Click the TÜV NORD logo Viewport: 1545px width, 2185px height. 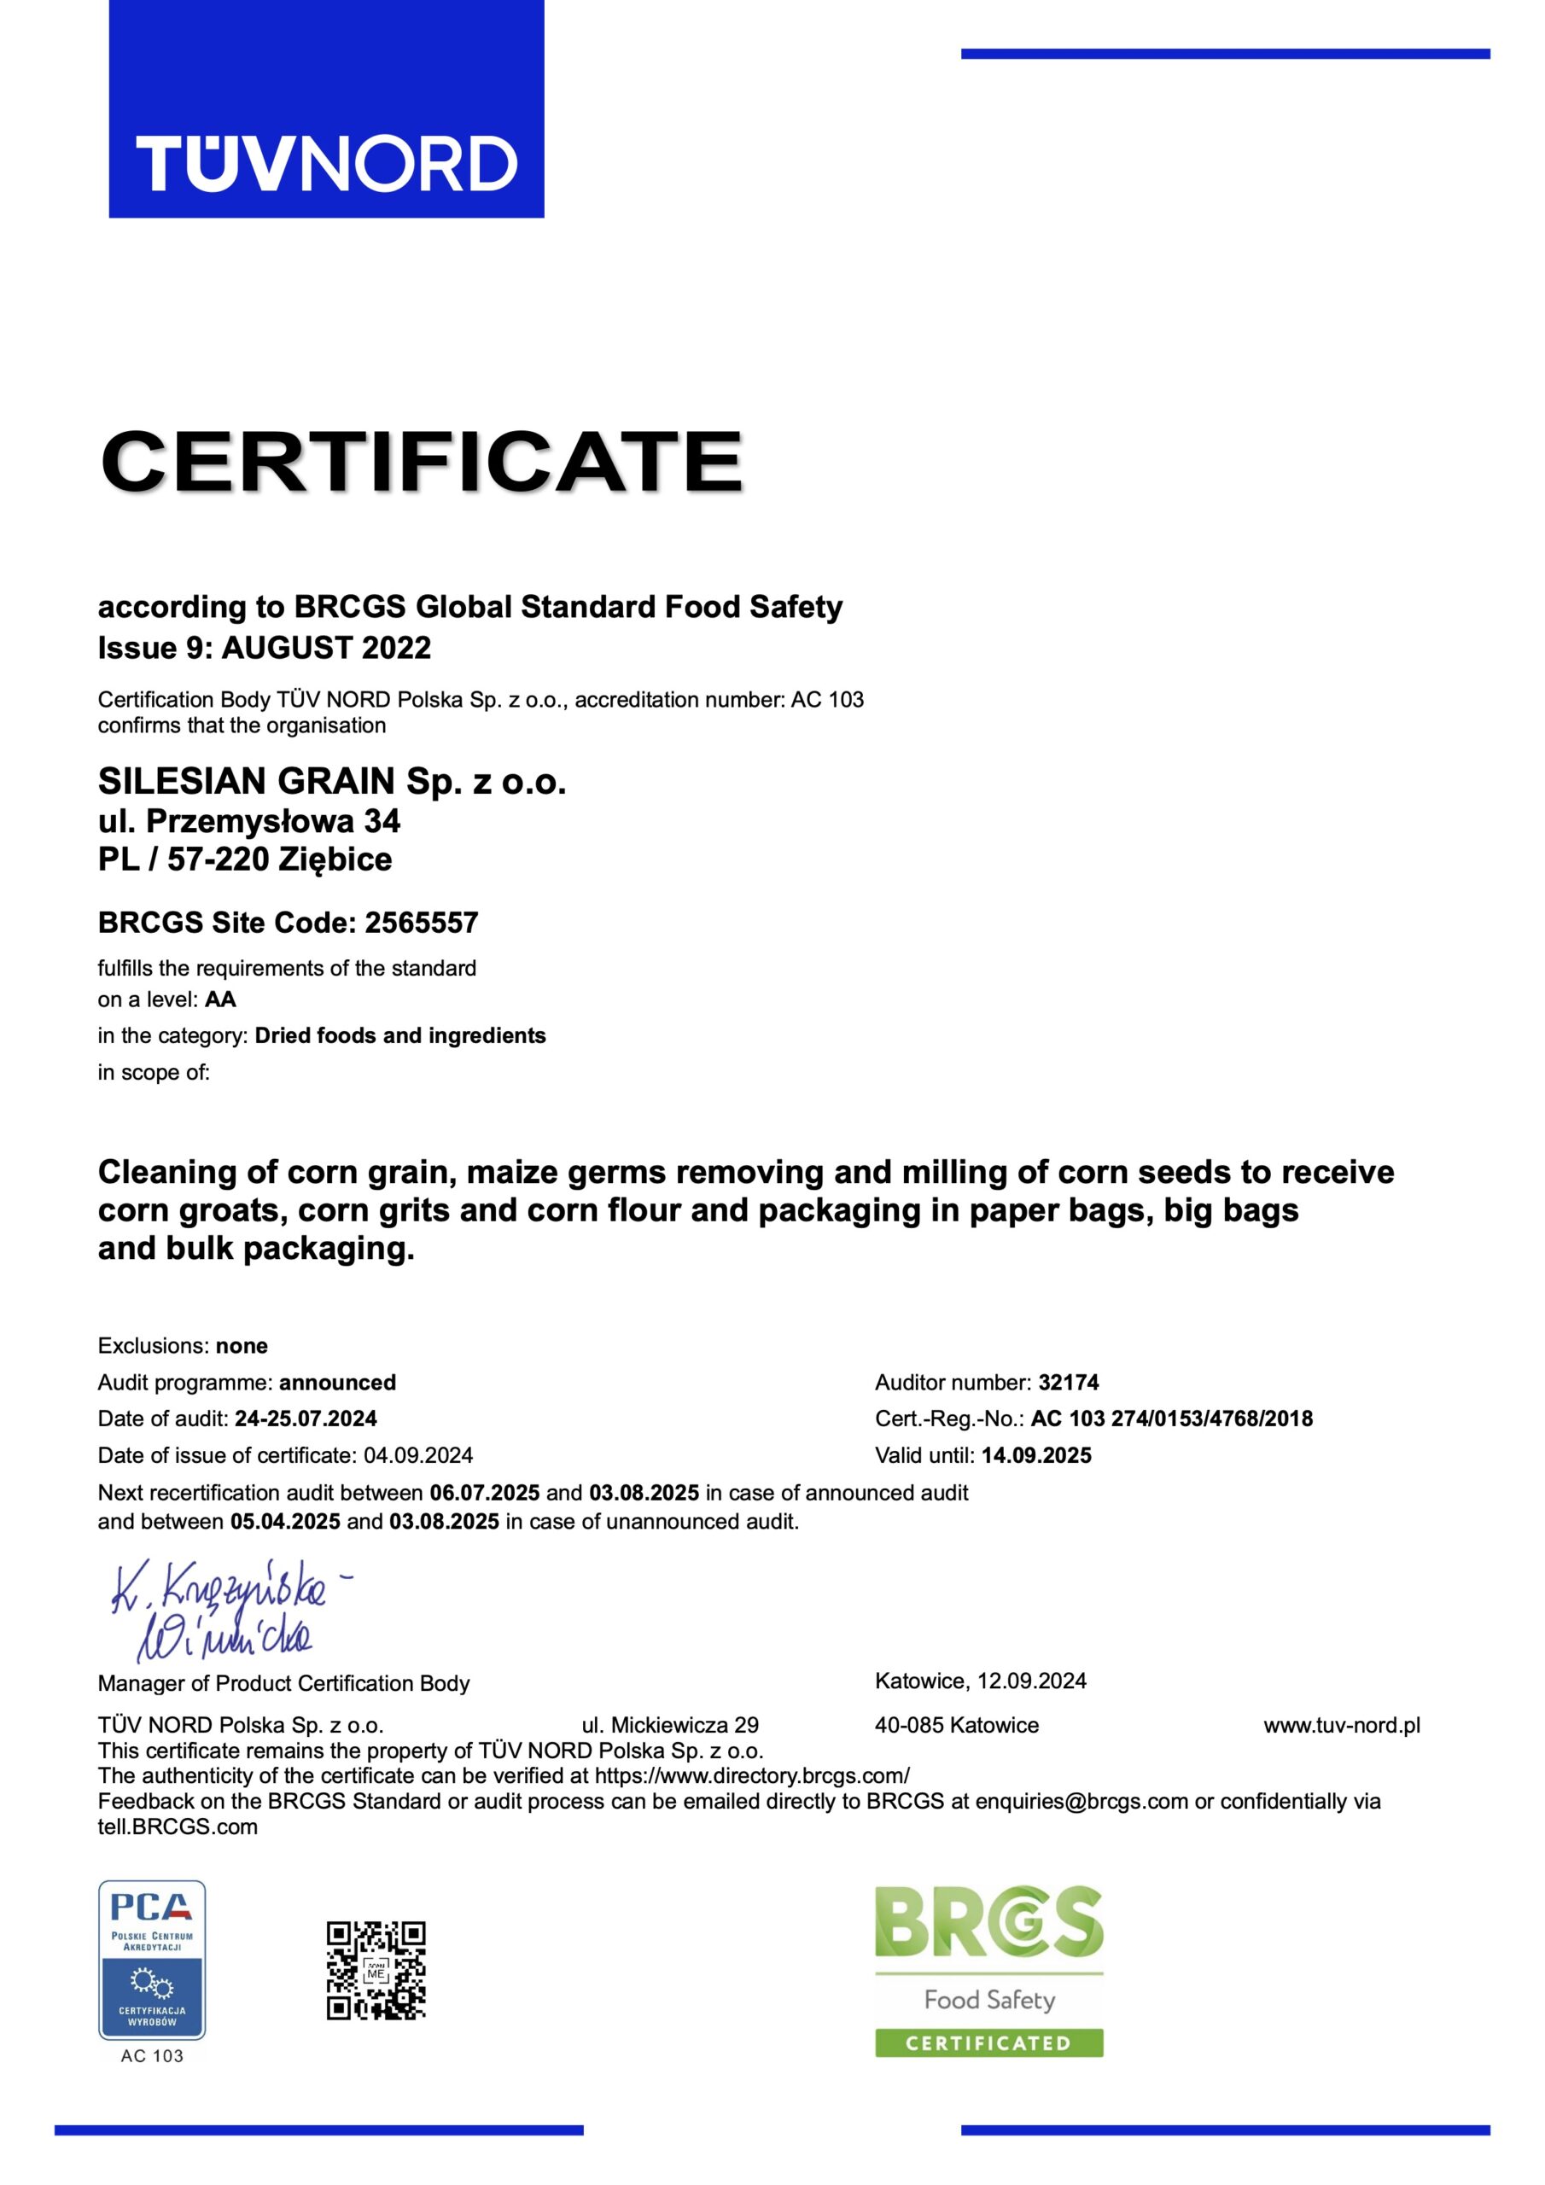[327, 162]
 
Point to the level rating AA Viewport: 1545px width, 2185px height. [220, 999]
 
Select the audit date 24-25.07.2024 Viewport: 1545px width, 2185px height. [306, 1419]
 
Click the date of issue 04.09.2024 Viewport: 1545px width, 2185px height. [418, 1455]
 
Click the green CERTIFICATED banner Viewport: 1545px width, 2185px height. [988, 2042]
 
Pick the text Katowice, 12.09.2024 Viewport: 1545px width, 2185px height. [981, 1681]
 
